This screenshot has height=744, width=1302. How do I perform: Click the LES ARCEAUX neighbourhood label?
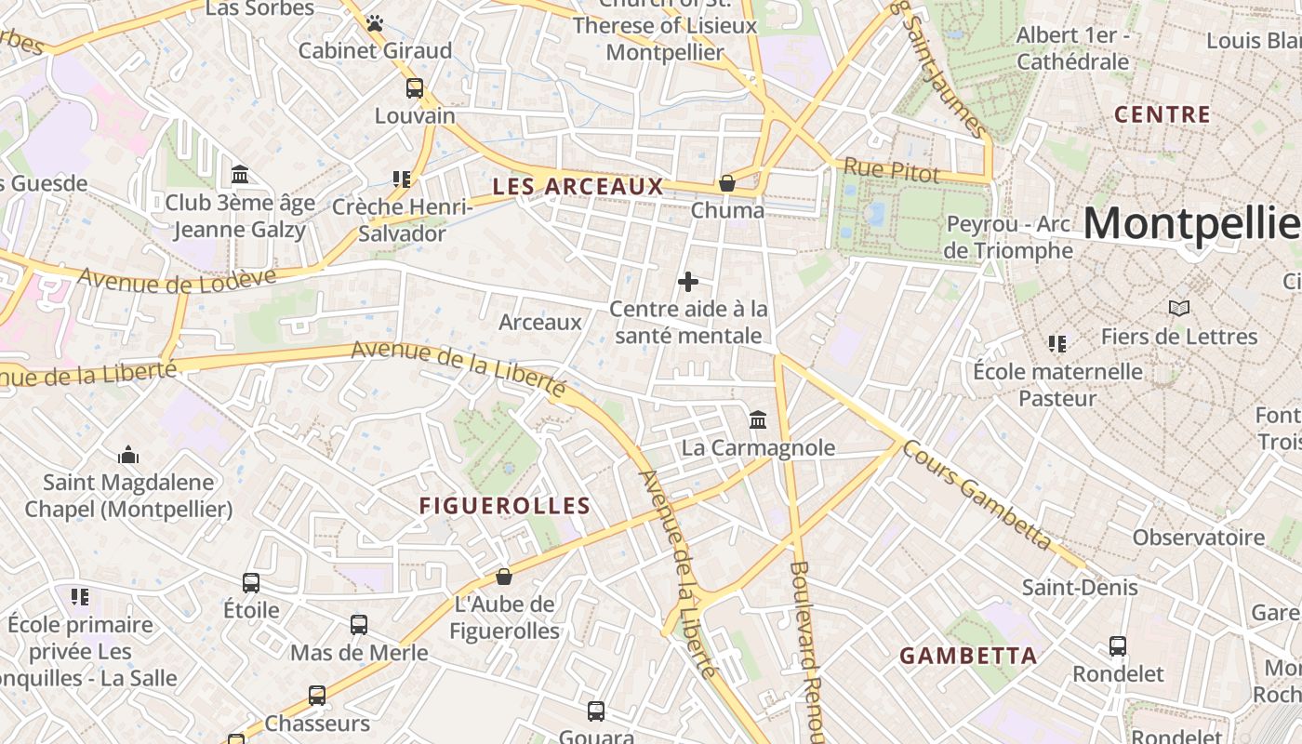578,186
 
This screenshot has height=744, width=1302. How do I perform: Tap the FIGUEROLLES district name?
504,506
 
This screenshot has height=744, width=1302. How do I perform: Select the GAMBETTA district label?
968,656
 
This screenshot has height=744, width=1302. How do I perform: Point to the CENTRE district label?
1162,115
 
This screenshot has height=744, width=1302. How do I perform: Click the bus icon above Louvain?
415,88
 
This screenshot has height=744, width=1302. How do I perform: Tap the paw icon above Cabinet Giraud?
374,23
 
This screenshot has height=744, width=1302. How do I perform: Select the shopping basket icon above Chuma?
727,183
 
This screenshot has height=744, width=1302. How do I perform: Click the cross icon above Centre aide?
688,281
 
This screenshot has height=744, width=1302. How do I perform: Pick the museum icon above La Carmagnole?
758,420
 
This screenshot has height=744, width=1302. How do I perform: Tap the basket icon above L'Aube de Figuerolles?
504,577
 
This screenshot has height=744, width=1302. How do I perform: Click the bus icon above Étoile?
251,583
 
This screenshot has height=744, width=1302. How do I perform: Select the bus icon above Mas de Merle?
359,625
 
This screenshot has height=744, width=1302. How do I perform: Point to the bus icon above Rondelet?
1118,646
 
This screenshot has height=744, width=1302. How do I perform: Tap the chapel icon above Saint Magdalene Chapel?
128,455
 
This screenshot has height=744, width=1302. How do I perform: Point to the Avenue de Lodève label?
177,277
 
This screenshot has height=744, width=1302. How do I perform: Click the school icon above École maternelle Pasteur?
1056,344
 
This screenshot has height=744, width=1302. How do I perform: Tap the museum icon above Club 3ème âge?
240,175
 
